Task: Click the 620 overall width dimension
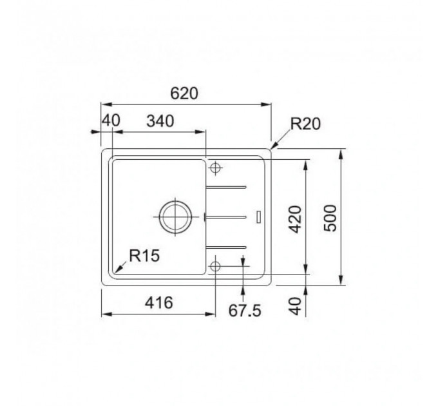point(184,93)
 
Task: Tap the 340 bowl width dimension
point(160,121)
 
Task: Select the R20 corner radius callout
point(305,124)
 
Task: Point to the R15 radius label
point(144,255)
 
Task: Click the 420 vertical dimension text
point(295,219)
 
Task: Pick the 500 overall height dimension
point(330,218)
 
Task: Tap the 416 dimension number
point(158,302)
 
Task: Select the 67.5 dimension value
point(245,311)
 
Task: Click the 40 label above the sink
point(111,121)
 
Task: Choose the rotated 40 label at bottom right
point(295,305)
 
